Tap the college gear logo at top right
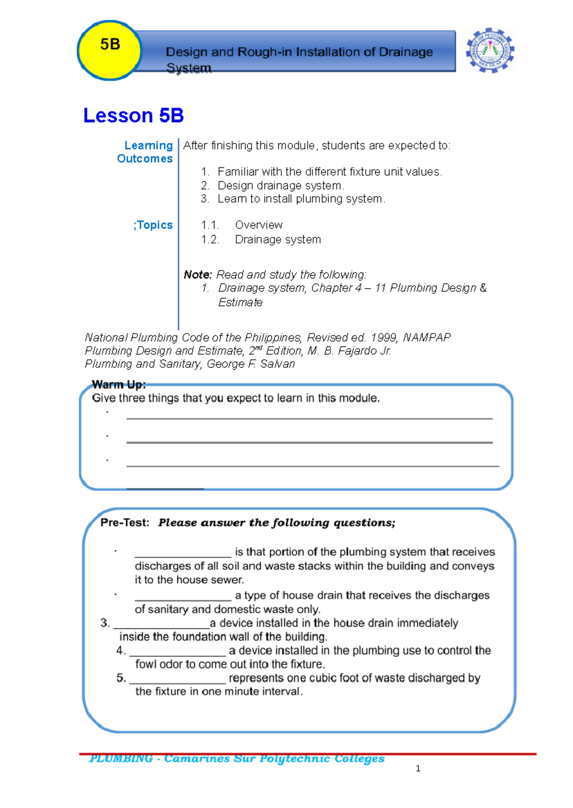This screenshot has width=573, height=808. [x=490, y=50]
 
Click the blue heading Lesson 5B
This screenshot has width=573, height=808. [x=133, y=115]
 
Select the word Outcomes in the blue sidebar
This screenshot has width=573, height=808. [x=145, y=159]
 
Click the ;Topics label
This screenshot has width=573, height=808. [x=153, y=225]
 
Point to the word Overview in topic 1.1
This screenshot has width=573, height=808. [x=258, y=225]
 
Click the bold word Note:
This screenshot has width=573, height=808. [x=198, y=275]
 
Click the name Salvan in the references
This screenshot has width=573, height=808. [x=277, y=364]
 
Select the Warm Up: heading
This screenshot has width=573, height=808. [x=118, y=384]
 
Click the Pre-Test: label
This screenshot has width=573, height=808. [x=125, y=523]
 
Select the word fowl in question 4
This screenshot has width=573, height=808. [x=145, y=664]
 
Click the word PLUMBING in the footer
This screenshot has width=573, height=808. [x=121, y=758]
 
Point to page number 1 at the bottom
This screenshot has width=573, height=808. [x=418, y=768]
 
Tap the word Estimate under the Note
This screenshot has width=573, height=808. [x=240, y=302]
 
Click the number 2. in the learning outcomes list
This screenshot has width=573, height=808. [x=205, y=186]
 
